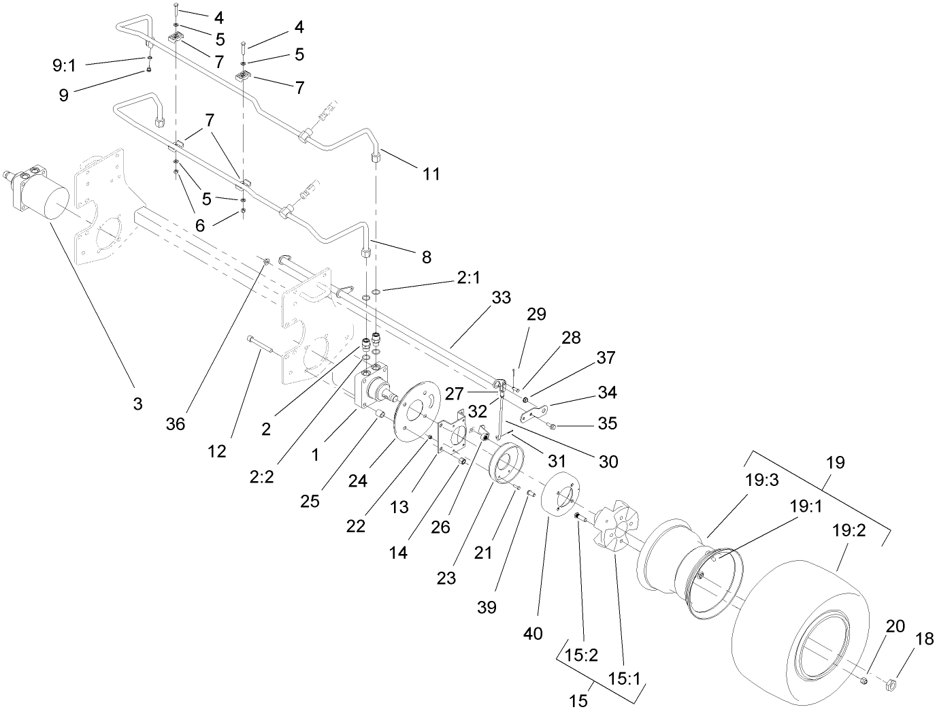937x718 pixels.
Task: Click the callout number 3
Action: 138,404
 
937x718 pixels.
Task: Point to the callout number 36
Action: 176,423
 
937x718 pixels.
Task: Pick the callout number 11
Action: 431,174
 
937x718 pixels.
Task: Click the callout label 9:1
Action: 65,65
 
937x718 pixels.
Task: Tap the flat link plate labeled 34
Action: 535,412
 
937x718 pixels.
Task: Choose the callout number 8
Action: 427,257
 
